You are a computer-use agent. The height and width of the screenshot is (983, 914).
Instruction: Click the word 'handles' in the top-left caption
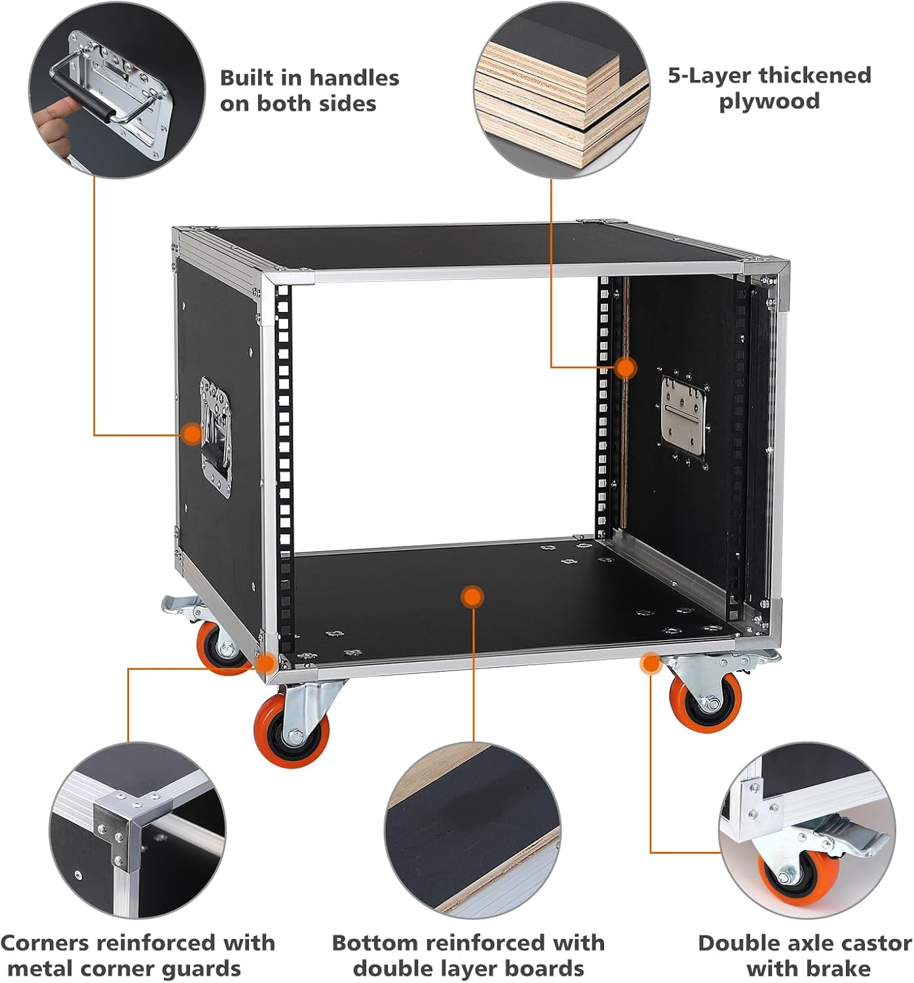356,78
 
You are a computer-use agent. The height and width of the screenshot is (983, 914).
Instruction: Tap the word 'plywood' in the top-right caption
769,102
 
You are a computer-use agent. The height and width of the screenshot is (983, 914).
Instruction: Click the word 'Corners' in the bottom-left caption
45,943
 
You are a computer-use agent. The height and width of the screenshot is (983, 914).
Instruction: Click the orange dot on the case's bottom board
471,597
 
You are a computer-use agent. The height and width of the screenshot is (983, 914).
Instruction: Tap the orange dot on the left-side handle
191,433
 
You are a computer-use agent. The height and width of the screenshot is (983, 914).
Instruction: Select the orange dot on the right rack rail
626,368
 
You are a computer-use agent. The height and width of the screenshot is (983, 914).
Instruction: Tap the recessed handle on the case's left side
215,436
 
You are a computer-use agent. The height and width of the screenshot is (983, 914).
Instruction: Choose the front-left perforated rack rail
284,459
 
